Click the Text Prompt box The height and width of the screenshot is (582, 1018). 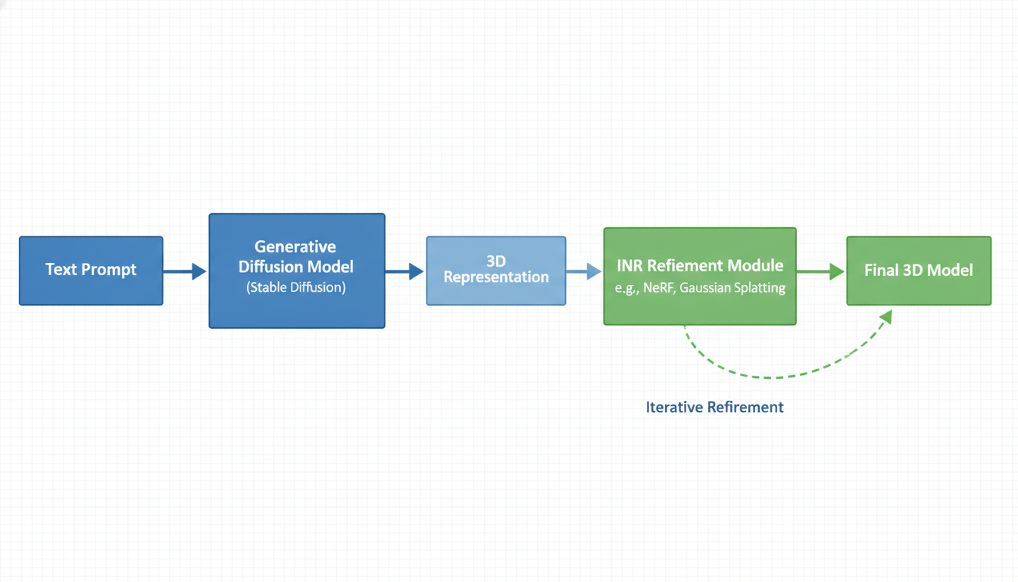click(91, 271)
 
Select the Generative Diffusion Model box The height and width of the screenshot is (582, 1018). click(297, 271)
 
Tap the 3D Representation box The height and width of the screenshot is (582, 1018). click(496, 271)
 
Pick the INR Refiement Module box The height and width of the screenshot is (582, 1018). click(700, 276)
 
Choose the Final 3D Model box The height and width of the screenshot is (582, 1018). click(919, 271)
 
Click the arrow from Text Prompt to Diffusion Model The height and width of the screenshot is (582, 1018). click(185, 271)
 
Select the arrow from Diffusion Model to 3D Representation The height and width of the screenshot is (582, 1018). click(404, 271)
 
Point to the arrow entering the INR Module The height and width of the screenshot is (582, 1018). click(584, 271)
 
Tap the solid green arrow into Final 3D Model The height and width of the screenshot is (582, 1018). click(820, 271)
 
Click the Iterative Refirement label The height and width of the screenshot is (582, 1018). click(714, 407)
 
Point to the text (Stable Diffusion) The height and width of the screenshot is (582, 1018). click(296, 288)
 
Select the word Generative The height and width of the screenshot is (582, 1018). click(295, 246)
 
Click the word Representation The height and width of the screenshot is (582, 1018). click(496, 277)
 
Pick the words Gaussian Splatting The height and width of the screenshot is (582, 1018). click(732, 288)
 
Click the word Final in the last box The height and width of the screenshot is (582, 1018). click(881, 271)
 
